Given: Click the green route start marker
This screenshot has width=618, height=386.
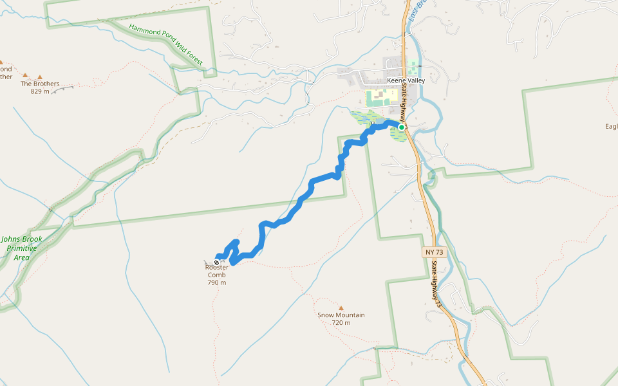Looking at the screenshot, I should [x=401, y=127].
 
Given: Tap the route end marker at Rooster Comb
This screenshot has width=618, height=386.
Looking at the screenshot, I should [x=217, y=262].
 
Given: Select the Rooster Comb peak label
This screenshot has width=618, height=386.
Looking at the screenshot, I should [x=217, y=271].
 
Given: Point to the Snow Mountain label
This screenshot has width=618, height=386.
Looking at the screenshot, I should [x=341, y=315].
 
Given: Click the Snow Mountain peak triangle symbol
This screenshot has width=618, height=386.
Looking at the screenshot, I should [x=341, y=308].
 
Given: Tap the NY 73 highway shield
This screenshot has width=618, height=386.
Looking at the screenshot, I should [x=434, y=252].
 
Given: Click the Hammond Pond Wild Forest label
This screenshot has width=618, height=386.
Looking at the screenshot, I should [x=166, y=44].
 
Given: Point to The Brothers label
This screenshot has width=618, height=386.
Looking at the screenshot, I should [x=40, y=84].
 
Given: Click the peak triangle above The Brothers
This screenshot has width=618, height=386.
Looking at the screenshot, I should [x=40, y=77].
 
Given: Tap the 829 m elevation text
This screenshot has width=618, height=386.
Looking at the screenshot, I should [x=39, y=91].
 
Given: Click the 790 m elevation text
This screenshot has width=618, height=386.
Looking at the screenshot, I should [x=217, y=282].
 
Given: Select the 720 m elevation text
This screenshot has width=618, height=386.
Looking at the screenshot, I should [x=341, y=323].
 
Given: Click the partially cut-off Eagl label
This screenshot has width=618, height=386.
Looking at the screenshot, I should [x=611, y=126].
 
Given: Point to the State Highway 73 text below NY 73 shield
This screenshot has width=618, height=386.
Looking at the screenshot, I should [x=436, y=282].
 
